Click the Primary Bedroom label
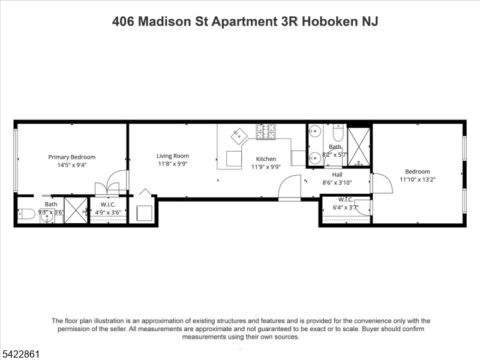point(72,157)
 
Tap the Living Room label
point(173,156)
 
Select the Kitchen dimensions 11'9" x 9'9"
point(266,167)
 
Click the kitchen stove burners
point(266,131)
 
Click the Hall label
point(337,175)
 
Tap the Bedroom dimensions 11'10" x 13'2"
point(418,179)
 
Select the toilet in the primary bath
point(26,214)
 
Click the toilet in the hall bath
point(339,131)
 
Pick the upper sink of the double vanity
point(314,131)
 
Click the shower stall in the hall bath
point(359,147)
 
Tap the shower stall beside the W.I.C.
point(76,211)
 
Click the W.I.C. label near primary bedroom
point(108,205)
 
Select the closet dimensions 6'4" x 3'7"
point(346,208)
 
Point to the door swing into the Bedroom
point(382,183)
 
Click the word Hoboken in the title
point(330,22)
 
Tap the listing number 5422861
point(20,355)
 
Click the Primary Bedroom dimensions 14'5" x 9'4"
point(72,165)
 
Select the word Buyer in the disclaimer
point(371,329)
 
